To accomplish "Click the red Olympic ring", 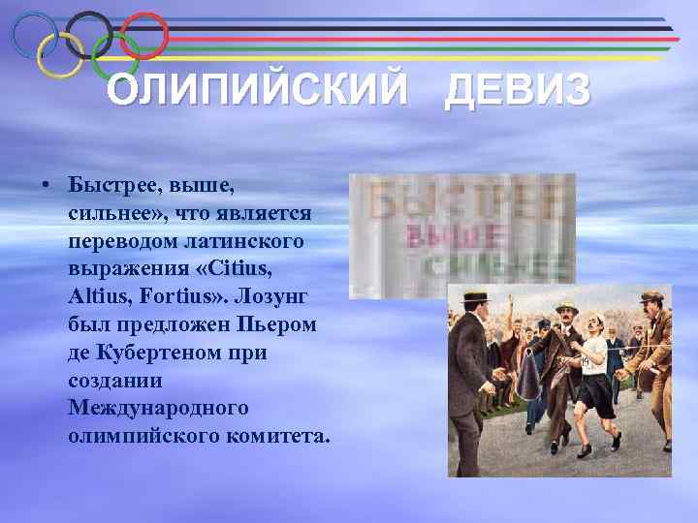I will pos(145,35).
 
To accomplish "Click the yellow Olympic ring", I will pos(60,54).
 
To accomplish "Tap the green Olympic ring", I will pos(114,55).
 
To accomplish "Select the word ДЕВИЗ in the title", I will pos(517,92).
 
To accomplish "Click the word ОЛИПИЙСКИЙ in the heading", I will pos(257,92).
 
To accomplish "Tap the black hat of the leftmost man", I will pos(476,298).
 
